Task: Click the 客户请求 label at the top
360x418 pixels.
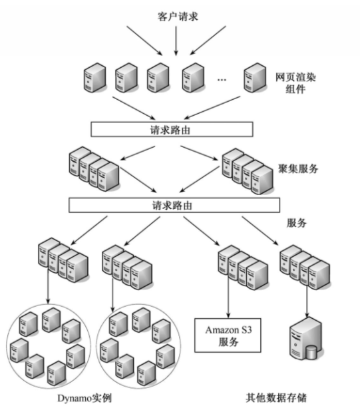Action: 176,15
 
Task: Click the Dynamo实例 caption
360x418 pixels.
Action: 93,399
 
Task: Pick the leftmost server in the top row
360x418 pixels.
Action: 94,77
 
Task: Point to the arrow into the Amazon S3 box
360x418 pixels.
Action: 228,300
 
